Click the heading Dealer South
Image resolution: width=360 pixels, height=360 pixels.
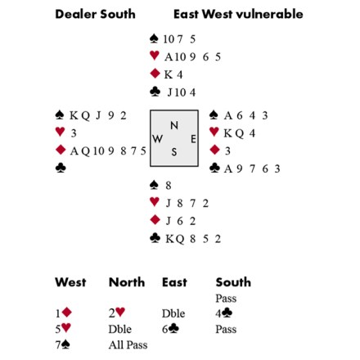coord(95,14)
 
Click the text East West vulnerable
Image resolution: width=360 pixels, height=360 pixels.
coord(238,14)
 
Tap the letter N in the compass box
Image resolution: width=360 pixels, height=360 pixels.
coord(174,125)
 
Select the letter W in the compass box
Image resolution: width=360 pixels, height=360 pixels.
coord(157,139)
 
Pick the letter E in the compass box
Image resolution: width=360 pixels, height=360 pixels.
coord(193,139)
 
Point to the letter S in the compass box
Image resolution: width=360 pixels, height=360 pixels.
coord(174,151)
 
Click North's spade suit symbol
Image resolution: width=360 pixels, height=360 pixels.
coord(154,38)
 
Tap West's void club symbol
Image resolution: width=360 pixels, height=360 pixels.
coord(61,168)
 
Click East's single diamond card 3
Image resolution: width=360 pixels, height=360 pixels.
coord(227,151)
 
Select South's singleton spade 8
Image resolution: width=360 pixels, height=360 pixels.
coord(169,186)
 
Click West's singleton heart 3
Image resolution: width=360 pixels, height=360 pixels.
coord(74,133)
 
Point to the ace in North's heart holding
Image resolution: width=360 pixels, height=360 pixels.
coord(169,57)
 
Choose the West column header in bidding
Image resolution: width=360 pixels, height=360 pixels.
coord(70,282)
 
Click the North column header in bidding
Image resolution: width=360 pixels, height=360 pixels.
coord(127,282)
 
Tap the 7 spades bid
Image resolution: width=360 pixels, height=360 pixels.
coord(63,344)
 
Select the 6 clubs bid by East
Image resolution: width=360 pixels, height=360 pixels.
coord(170,329)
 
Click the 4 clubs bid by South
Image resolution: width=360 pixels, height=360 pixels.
coord(224,313)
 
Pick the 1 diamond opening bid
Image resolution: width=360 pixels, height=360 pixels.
coord(63,313)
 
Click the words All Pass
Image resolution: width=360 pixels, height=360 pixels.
coord(128,345)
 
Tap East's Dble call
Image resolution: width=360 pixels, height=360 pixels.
coord(173,313)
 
